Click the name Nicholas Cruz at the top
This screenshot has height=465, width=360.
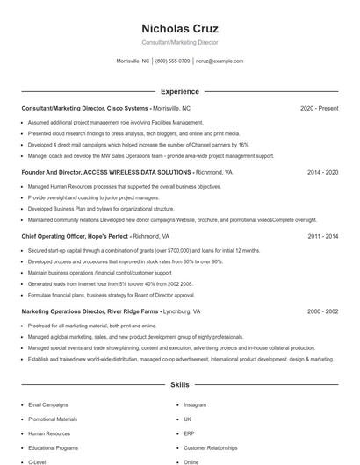click(180, 29)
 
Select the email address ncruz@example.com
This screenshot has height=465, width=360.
click(220, 61)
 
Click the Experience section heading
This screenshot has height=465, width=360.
click(180, 91)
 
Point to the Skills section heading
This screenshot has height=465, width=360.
click(180, 385)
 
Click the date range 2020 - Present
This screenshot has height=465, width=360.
click(319, 108)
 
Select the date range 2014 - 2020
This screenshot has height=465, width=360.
click(322, 173)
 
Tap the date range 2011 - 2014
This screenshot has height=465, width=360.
click(322, 236)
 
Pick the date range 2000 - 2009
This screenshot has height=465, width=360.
click(322, 311)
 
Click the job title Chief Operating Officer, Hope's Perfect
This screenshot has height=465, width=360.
click(75, 236)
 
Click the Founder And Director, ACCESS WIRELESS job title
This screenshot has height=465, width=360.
click(106, 173)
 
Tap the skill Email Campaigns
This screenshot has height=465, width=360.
click(47, 405)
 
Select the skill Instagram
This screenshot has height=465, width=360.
click(195, 405)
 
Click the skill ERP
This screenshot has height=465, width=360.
click(189, 433)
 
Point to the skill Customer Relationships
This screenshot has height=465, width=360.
click(211, 447)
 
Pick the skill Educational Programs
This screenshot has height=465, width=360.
click(53, 447)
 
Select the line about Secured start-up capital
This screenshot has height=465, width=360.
click(144, 250)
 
